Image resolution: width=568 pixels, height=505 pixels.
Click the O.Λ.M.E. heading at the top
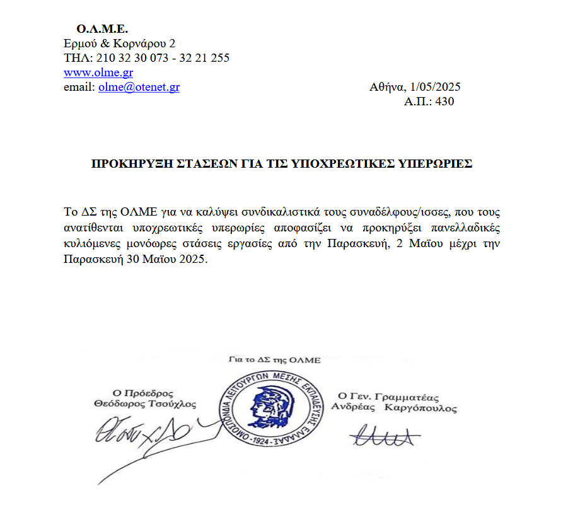(102, 29)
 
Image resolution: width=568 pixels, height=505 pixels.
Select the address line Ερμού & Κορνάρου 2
(120, 44)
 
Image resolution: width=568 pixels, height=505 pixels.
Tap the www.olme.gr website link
(98, 73)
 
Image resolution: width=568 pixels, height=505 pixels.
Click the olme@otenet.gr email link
(139, 87)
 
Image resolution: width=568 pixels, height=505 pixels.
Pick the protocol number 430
(444, 102)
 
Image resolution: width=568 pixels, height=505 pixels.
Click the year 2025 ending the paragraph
(192, 259)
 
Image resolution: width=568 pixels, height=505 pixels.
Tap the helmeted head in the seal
(265, 404)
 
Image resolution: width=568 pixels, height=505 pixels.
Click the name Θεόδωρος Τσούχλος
(144, 404)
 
